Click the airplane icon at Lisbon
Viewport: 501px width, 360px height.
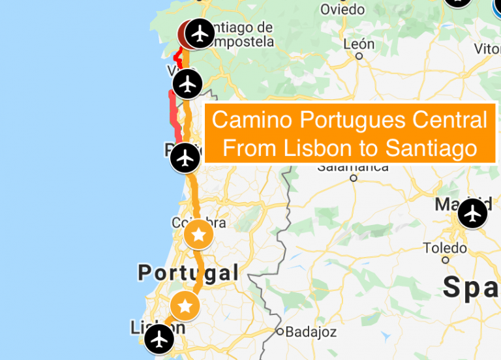(x=159, y=339)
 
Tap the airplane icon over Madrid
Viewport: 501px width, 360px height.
(x=472, y=213)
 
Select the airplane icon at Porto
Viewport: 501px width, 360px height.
(x=186, y=158)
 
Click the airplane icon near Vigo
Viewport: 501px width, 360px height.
(x=188, y=83)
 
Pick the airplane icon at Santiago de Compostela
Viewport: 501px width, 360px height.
(x=200, y=33)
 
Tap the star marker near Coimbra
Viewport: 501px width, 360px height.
(x=198, y=235)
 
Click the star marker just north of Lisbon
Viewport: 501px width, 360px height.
(x=185, y=305)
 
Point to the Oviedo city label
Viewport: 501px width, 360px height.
(x=342, y=10)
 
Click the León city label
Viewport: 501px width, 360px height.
(x=359, y=44)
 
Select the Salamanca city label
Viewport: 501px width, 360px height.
(x=352, y=166)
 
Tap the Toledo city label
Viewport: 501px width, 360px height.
(x=445, y=248)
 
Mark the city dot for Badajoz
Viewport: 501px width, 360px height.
(x=281, y=332)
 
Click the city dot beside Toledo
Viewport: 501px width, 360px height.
(x=446, y=260)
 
